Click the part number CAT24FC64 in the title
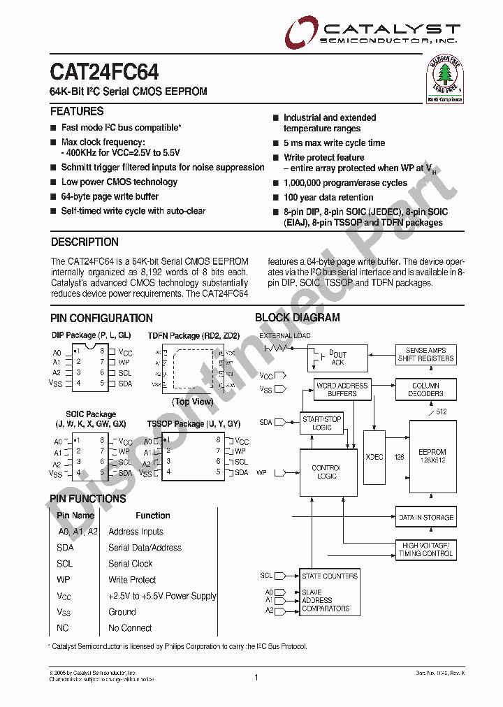click(x=104, y=73)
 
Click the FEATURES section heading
click(x=77, y=111)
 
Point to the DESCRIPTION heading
click(x=85, y=242)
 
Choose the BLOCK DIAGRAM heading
click(x=298, y=317)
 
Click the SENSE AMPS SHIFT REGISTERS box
click(x=425, y=354)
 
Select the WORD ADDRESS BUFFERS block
click(x=342, y=389)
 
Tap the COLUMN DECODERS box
click(x=425, y=389)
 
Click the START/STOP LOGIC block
click(x=322, y=423)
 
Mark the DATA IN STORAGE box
click(x=425, y=518)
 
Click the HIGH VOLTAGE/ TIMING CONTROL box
click(x=425, y=549)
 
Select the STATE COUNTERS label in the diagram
click(x=329, y=576)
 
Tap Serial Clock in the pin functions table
click(x=131, y=564)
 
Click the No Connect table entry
click(x=130, y=627)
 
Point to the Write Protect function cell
click(x=132, y=580)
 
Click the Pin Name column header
click(x=75, y=516)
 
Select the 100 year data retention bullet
click(x=328, y=197)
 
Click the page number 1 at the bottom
click(x=256, y=677)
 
